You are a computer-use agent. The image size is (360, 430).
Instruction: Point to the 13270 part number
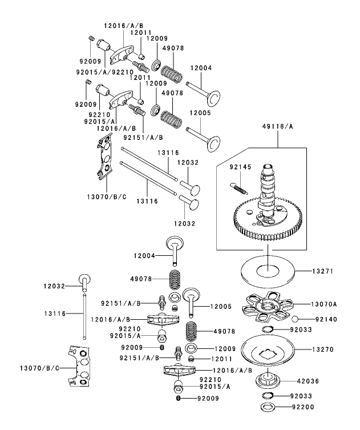click(322, 348)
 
